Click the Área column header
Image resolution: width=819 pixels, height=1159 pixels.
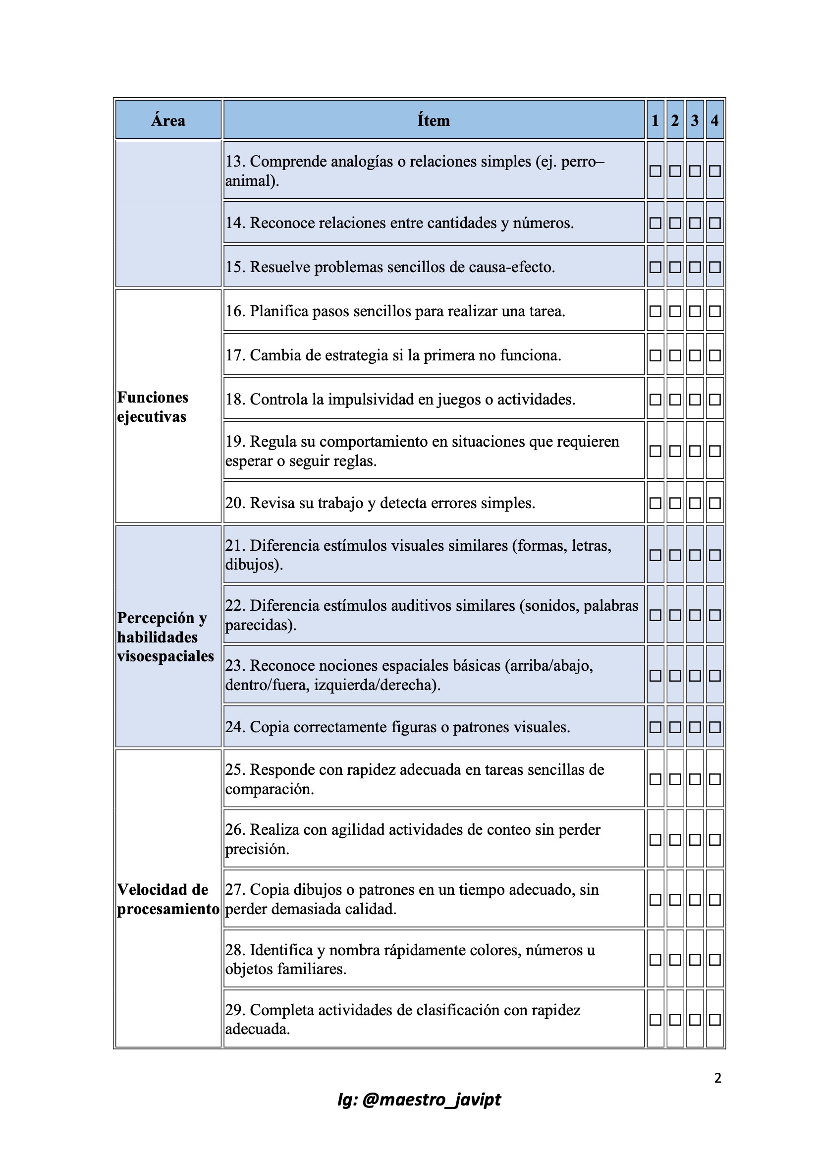tap(168, 120)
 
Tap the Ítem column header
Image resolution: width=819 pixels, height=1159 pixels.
tap(433, 120)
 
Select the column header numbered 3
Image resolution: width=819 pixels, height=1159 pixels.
tap(695, 120)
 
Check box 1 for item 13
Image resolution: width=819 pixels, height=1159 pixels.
tap(655, 171)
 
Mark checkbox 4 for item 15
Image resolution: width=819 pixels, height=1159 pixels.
tap(714, 267)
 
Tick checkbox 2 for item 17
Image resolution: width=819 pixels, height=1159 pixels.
tap(675, 355)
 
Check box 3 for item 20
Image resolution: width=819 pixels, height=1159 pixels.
tap(695, 503)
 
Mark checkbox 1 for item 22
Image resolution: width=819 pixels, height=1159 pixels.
tap(655, 615)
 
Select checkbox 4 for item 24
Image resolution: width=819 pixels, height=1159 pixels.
tap(714, 727)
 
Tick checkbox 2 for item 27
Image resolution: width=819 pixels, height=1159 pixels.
tap(675, 900)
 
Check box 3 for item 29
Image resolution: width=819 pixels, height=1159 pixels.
tap(695, 1020)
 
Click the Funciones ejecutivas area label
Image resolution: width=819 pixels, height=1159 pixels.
tap(153, 407)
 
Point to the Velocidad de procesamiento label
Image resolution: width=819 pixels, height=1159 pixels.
tap(168, 899)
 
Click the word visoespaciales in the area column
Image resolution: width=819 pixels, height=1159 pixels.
tap(165, 656)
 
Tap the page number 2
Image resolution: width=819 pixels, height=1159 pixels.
tap(717, 1078)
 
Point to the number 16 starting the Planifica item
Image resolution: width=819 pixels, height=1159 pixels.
tap(235, 311)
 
